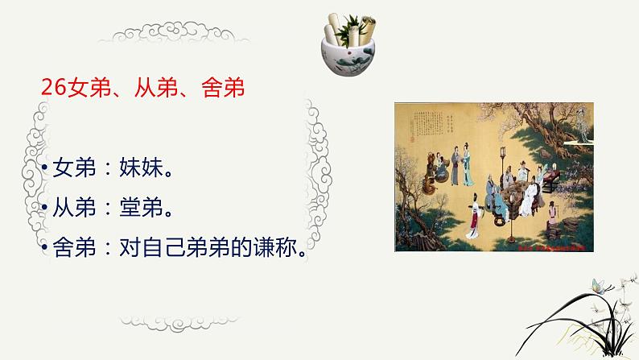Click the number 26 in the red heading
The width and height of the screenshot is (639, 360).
pos(54,88)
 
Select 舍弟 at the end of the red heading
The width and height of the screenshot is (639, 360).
pos(221,88)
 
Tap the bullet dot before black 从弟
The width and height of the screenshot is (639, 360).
pos(45,210)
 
